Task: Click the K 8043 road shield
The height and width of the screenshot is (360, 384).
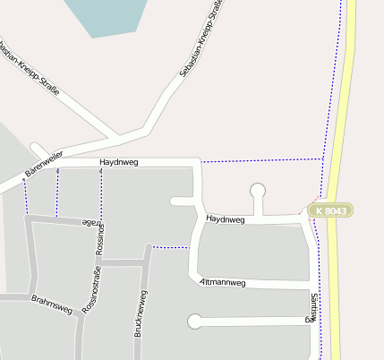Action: [331, 210]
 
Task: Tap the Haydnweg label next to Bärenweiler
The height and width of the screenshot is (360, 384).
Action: [120, 162]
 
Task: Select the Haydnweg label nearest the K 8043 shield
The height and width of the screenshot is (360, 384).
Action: [225, 219]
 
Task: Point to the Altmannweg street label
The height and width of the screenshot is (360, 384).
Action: [223, 282]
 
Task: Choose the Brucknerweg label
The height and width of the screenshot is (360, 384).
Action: [141, 313]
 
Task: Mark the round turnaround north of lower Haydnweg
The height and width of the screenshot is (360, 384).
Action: [258, 190]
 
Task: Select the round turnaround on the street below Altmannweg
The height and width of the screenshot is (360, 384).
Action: [194, 321]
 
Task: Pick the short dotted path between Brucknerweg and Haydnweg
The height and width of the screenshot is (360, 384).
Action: [170, 247]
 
